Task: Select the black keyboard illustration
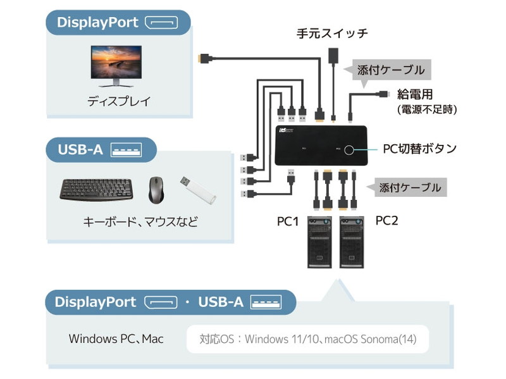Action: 97,189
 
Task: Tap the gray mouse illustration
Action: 156,189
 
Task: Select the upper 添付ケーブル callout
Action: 390,70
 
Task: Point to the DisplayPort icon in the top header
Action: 161,23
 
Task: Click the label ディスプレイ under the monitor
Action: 119,101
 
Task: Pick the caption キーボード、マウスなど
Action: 140,222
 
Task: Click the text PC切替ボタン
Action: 420,149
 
